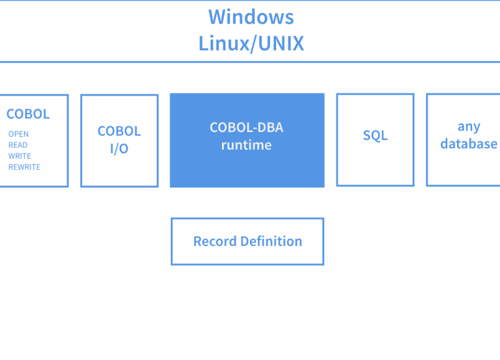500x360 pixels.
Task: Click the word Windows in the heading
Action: (x=251, y=17)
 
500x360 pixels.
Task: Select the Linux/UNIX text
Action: (x=251, y=44)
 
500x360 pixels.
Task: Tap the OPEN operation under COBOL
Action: (x=18, y=134)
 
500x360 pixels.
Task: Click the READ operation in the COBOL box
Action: (x=18, y=145)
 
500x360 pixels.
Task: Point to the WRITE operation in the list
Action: (x=20, y=156)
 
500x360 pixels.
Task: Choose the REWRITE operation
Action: (x=24, y=167)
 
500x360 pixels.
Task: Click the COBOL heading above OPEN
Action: (x=28, y=114)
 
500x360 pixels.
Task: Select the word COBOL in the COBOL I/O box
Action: (x=119, y=131)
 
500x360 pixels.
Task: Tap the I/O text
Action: (x=119, y=148)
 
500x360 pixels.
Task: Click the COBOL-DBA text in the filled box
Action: (x=247, y=128)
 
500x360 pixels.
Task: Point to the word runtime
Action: (x=247, y=145)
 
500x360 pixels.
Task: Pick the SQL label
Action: (x=375, y=135)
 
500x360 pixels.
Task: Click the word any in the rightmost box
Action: (x=469, y=127)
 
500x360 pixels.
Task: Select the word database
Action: (x=469, y=144)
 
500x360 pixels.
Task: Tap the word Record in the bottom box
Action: (x=215, y=242)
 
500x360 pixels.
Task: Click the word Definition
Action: (x=271, y=242)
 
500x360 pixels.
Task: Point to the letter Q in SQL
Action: (x=375, y=136)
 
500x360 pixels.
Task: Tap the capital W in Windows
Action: (x=217, y=17)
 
